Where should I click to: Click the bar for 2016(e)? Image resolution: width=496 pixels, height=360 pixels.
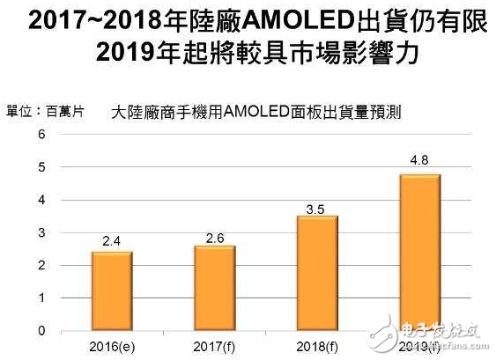[x=112, y=291]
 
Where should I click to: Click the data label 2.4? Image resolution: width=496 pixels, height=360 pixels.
[x=112, y=240]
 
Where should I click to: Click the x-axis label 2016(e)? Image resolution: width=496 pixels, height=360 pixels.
[x=112, y=344]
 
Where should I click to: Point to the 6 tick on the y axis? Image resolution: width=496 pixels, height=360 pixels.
[x=40, y=134]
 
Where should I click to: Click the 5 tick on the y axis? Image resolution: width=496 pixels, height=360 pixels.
[x=40, y=166]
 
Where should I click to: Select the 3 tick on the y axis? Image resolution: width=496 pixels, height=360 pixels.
[x=40, y=232]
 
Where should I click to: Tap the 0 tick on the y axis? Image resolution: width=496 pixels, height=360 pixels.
[x=40, y=331]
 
